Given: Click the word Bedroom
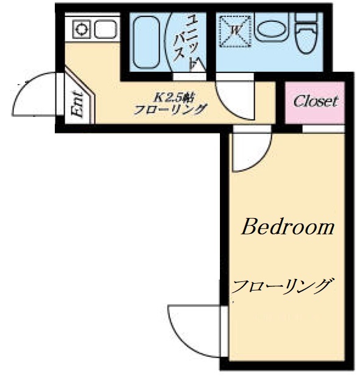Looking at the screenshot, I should point(288,228).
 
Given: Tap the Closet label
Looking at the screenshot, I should point(315,102).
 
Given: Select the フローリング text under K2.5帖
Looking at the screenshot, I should point(171,110).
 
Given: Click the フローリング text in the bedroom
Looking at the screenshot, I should point(284,285).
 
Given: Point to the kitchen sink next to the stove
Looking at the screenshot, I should point(105,29).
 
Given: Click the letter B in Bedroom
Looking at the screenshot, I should point(249,228).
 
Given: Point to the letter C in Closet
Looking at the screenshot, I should point(298,102).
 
